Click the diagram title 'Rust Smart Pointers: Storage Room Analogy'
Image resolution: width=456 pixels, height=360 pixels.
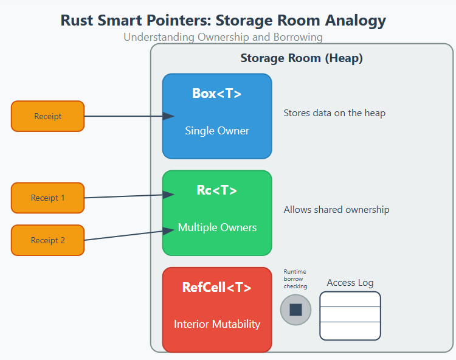[223, 20]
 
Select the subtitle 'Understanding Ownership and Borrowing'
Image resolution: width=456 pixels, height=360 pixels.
[223, 37]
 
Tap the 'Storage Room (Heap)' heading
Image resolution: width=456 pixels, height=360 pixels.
[302, 58]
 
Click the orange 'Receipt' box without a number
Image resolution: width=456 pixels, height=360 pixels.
[47, 116]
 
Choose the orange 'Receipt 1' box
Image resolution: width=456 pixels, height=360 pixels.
[47, 198]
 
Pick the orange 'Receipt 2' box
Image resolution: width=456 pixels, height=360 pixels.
[47, 240]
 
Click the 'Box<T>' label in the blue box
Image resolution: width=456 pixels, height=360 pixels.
[217, 94]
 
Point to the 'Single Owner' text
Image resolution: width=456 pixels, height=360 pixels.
[217, 131]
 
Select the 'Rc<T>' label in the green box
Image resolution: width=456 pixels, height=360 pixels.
[217, 190]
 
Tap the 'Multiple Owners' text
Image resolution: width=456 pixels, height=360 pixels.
[217, 227]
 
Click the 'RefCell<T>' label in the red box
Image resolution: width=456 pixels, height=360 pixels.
[217, 288]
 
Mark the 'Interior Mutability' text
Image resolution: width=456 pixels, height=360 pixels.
[217, 324]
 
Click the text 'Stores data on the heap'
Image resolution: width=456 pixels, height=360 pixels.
[334, 113]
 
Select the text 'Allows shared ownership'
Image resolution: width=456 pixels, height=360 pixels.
[336, 210]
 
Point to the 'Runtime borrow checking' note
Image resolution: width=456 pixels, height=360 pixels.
[295, 279]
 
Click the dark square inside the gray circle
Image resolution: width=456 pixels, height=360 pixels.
[295, 310]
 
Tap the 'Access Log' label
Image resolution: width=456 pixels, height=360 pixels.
[350, 283]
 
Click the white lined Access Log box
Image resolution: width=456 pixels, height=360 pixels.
[350, 316]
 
